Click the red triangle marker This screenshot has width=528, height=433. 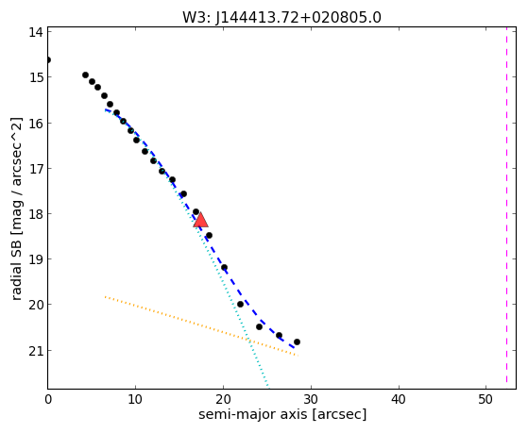click(x=200, y=220)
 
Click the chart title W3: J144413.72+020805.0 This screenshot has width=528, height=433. click(x=281, y=17)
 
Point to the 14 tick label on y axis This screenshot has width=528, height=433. click(x=35, y=32)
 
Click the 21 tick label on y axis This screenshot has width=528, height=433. click(x=35, y=351)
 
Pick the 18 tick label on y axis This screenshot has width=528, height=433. click(x=35, y=214)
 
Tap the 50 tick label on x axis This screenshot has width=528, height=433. click(x=486, y=400)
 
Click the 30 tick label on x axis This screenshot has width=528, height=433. click(x=311, y=400)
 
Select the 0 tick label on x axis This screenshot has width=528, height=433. click(x=48, y=400)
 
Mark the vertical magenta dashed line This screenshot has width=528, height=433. click(x=507, y=208)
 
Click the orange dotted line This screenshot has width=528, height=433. click(x=201, y=326)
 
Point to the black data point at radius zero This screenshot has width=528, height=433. click(x=48, y=59)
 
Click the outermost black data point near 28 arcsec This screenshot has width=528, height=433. click(x=297, y=342)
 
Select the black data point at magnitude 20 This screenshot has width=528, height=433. click(x=240, y=304)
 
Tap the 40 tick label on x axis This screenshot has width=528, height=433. click(x=399, y=400)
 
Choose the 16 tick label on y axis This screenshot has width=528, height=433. click(x=35, y=124)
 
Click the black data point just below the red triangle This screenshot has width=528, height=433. click(x=209, y=235)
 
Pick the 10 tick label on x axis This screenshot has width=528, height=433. click(x=135, y=400)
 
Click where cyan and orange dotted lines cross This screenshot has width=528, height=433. click(x=249, y=341)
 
